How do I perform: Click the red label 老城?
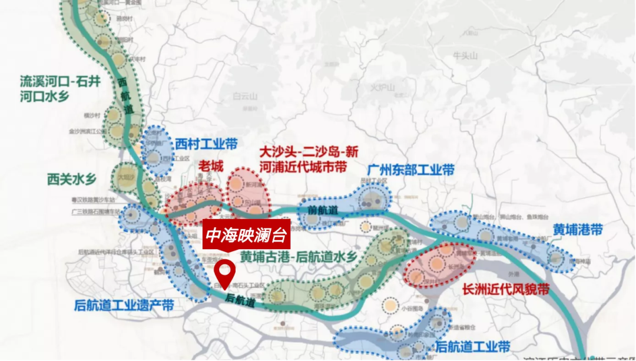[211, 166]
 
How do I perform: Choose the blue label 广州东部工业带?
[410, 170]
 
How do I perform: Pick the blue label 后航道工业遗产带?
[124, 306]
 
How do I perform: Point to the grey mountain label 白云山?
[245, 97]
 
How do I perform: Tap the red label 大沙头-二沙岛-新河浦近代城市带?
[309, 160]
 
